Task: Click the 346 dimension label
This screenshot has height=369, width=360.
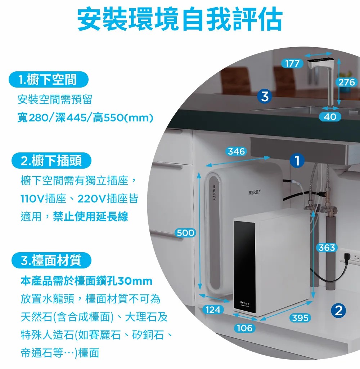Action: (x=236, y=151)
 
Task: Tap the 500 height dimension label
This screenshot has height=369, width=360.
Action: (x=185, y=233)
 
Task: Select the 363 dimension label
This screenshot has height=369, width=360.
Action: (x=327, y=248)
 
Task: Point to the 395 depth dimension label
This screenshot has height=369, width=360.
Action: (x=300, y=318)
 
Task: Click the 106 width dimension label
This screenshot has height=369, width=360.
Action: (x=244, y=328)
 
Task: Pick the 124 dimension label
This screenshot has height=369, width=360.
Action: (x=213, y=310)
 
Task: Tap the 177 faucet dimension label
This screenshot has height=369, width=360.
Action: (x=292, y=63)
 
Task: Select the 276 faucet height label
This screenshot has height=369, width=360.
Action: (x=347, y=82)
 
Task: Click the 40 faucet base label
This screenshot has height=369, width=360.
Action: (x=330, y=117)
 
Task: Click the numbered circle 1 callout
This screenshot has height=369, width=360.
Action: (x=297, y=160)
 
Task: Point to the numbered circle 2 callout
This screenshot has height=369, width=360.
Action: (x=338, y=311)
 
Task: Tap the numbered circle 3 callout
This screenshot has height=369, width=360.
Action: (x=265, y=96)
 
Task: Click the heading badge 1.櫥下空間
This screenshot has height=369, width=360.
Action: (x=48, y=80)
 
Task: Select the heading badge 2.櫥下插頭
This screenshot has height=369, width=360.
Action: (x=51, y=160)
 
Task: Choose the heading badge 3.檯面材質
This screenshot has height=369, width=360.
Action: (x=51, y=260)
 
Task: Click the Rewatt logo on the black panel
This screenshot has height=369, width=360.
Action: (x=245, y=303)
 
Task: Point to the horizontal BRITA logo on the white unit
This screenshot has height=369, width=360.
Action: (x=255, y=192)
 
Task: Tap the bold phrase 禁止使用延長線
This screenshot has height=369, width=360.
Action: (x=90, y=216)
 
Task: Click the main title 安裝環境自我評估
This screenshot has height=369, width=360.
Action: (x=180, y=19)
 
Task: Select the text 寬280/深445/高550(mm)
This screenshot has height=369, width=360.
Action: (x=85, y=117)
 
